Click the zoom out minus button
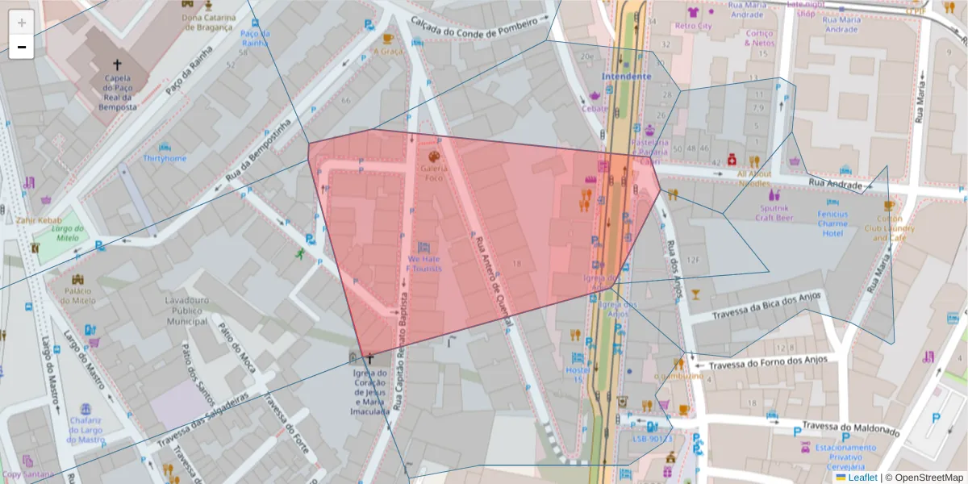tap(22, 47)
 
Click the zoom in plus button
tap(22, 23)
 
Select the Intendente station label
tap(626, 77)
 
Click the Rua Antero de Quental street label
tap(494, 282)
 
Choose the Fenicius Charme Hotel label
tap(832, 223)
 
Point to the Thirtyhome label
tap(165, 159)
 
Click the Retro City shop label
tap(693, 26)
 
